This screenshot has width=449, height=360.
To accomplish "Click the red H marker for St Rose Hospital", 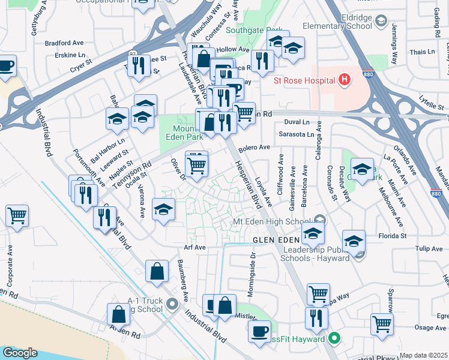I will point(344,79).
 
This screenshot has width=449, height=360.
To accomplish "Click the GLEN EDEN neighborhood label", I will point(276,240).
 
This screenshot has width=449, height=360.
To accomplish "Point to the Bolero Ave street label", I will point(255,147).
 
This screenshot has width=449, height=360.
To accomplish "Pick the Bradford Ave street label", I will point(64,43).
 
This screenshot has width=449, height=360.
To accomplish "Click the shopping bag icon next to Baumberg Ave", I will point(157,271).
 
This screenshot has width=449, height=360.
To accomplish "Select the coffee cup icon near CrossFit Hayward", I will point(259,331).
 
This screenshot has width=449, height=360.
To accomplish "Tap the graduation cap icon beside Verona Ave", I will point(163,209).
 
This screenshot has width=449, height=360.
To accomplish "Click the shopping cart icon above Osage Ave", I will point(382,324).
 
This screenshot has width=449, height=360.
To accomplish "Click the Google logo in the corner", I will point(19,353).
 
